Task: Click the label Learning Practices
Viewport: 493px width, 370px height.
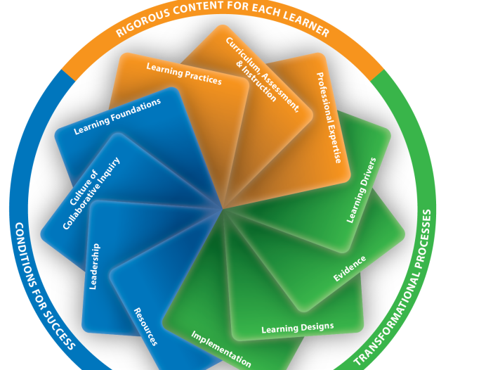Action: point(184,74)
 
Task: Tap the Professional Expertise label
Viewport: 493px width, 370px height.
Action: point(329,117)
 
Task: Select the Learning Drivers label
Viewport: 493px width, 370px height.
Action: point(362,190)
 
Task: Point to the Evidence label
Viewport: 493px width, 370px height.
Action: point(350,269)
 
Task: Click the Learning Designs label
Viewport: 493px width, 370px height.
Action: point(298,327)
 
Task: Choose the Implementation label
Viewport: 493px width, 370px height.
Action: point(221,348)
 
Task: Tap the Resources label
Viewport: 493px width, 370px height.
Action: point(145,326)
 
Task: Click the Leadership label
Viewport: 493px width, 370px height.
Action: point(95,267)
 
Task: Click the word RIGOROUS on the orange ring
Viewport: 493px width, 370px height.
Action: point(144,24)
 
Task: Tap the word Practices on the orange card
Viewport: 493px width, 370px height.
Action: point(202,77)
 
